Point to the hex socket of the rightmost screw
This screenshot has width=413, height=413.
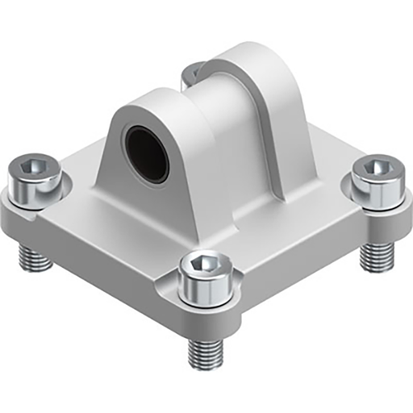(x=376, y=168)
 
